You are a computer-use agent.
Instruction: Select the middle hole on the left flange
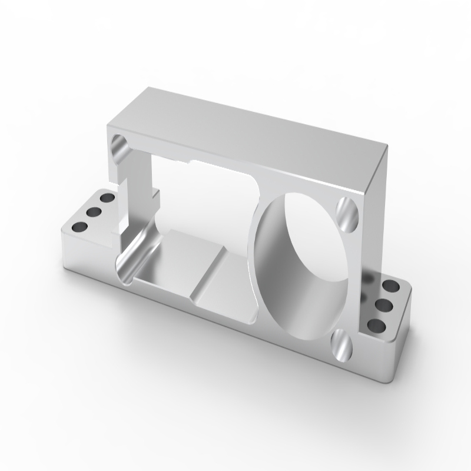(x=92, y=211)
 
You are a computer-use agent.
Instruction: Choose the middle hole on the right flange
(x=383, y=305)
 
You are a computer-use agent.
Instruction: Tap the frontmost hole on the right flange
(x=375, y=324)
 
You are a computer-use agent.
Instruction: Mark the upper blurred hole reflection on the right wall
(x=372, y=277)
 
